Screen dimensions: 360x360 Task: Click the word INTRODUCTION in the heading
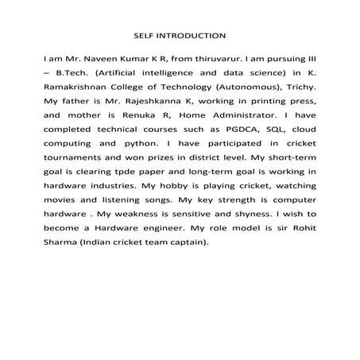click(x=196, y=35)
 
